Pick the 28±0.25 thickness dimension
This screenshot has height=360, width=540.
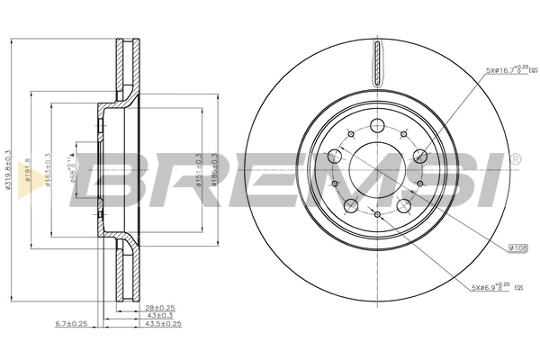coord(159,308)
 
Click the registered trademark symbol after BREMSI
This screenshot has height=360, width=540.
coord(514,158)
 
